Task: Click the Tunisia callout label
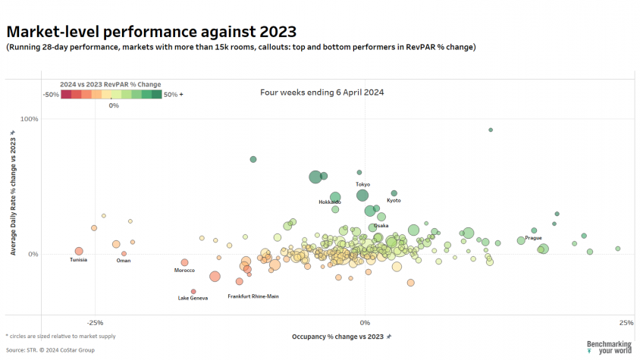[78, 260]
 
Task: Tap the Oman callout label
[124, 261]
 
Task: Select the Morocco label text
[184, 271]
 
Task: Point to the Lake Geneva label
[193, 298]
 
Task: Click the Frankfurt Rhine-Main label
[253, 296]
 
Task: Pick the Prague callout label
[534, 237]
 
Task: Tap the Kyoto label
[394, 200]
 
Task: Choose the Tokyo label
[363, 184]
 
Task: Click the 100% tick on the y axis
[30, 119]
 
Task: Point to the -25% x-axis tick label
[95, 323]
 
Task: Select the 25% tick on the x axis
[626, 323]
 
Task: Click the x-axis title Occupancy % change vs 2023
[338, 337]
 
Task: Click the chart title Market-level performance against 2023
[152, 32]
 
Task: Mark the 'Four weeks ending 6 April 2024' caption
[322, 92]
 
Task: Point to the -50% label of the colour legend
[51, 95]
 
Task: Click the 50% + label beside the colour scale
[174, 95]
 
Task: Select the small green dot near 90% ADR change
[491, 130]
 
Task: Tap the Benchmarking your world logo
[609, 347]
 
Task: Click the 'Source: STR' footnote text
[50, 350]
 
